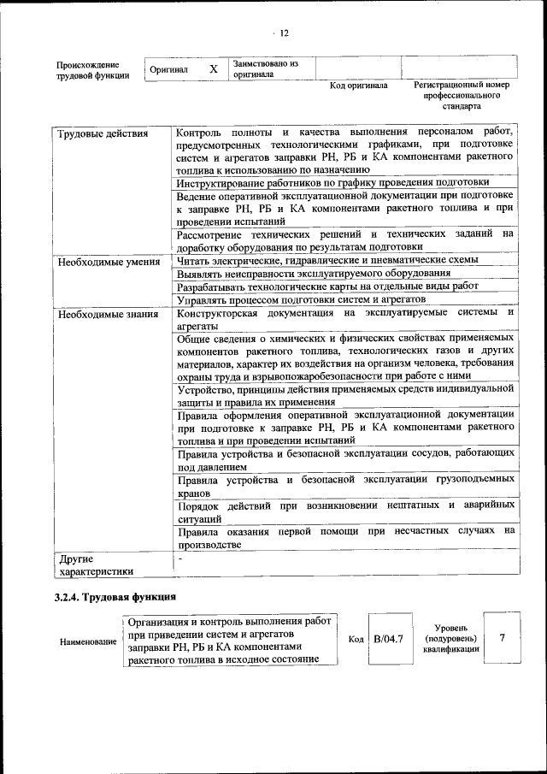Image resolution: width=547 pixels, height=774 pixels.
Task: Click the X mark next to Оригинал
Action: (214, 68)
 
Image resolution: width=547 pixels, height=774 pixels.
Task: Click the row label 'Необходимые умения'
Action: (109, 262)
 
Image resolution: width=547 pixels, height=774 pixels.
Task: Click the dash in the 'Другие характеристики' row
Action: (180, 558)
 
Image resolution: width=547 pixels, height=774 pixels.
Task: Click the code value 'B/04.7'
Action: (387, 637)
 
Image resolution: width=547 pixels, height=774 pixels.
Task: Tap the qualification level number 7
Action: (503, 637)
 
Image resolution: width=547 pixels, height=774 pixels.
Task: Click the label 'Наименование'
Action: (88, 641)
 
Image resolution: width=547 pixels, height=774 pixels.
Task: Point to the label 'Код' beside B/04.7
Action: (356, 639)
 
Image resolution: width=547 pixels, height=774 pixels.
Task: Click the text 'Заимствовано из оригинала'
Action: (265, 68)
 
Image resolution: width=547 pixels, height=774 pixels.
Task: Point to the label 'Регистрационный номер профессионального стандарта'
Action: (461, 96)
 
